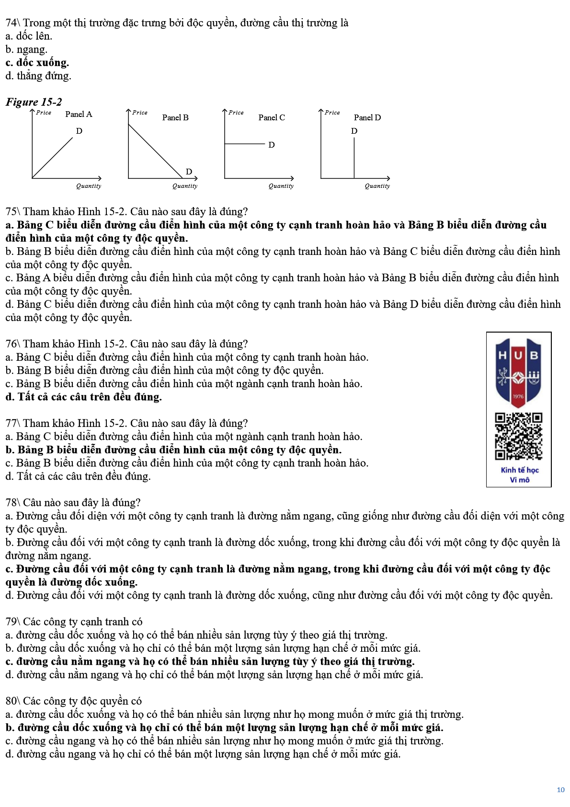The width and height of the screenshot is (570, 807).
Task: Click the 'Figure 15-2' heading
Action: coord(34,102)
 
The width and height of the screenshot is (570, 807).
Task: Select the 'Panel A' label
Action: coord(79,114)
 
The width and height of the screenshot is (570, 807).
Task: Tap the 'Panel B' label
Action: coord(175,117)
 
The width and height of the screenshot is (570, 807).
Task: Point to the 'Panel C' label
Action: coord(272,117)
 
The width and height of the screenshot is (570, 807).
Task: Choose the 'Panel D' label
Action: coord(367,117)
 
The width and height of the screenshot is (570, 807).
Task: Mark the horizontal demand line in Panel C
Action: coord(244,143)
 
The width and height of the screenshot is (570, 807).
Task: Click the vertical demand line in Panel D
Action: coord(354,158)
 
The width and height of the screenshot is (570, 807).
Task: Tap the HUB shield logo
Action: coord(518,372)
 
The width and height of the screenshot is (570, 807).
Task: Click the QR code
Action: coord(519,437)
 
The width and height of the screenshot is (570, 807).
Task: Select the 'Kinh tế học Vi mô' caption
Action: coord(519,474)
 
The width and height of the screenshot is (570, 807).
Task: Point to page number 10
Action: coord(560,790)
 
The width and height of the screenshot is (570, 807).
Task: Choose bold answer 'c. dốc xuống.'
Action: coord(37,63)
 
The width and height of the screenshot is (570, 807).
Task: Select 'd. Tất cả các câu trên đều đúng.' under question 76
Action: coord(84,397)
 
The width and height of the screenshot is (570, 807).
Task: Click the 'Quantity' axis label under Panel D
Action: coord(377,186)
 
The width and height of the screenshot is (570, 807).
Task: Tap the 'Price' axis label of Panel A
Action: coord(44,113)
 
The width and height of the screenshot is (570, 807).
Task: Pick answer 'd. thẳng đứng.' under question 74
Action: coord(38,76)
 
